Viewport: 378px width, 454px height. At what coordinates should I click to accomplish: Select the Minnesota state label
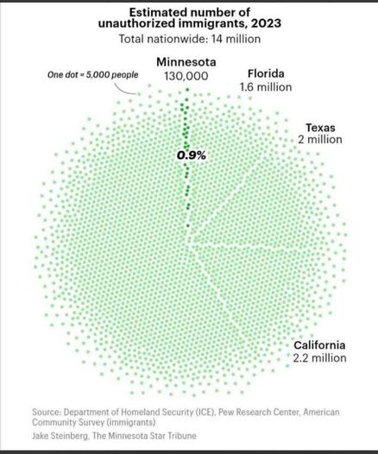click(x=186, y=62)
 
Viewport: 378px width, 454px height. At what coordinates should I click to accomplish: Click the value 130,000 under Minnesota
click(x=186, y=76)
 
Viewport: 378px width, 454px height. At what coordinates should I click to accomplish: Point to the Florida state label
click(x=265, y=73)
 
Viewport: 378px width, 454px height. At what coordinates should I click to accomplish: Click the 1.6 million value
click(x=265, y=87)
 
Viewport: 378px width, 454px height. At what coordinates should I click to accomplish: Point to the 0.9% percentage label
click(x=191, y=155)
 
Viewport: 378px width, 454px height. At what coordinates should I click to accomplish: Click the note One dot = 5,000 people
click(x=92, y=75)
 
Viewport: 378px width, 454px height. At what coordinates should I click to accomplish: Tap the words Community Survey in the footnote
click(x=66, y=423)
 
